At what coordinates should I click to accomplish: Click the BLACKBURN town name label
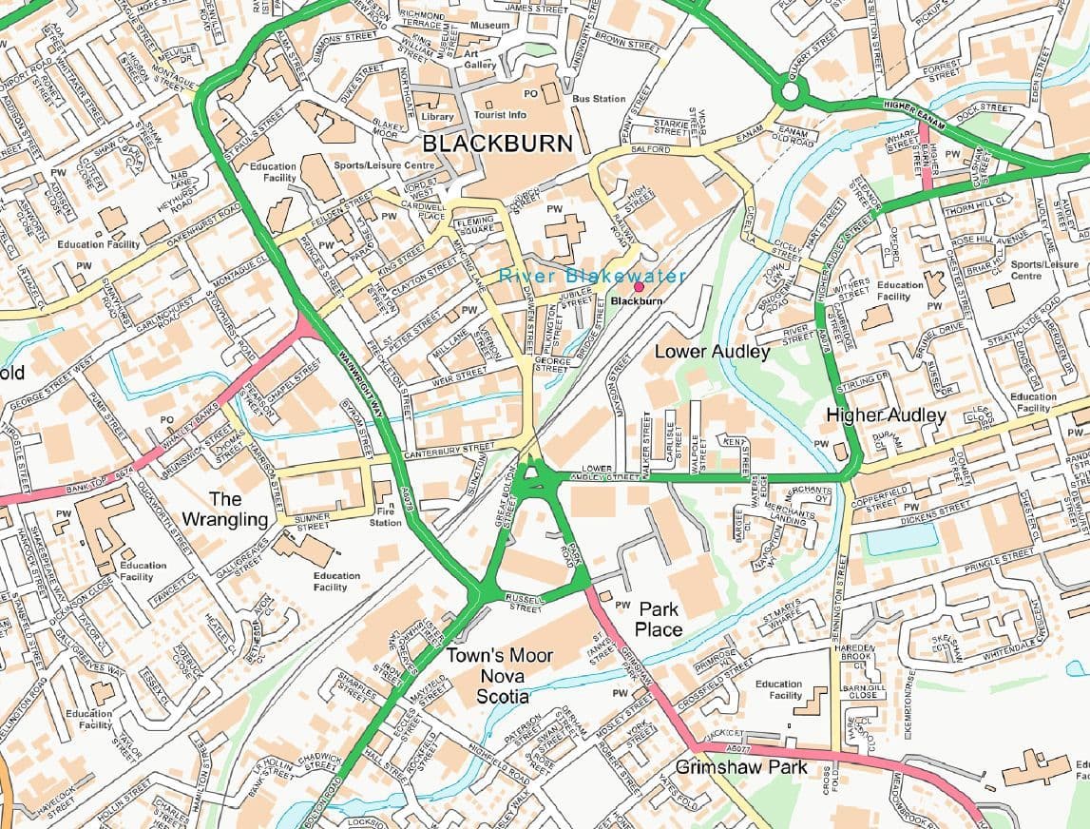tap(498, 144)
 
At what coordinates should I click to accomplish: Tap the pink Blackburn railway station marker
tap(639, 286)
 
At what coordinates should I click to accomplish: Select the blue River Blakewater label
tap(593, 276)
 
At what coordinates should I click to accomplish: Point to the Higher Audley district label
tap(886, 414)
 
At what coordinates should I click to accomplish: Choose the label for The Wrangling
tap(225, 509)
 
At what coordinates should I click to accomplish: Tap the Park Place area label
tap(659, 619)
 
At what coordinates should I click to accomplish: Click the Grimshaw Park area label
tap(741, 766)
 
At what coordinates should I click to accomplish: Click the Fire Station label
tap(385, 516)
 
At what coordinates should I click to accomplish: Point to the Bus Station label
tap(599, 99)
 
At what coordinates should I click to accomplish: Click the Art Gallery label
tap(480, 59)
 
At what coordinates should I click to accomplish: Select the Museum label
tap(489, 25)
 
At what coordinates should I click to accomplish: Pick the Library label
tap(437, 117)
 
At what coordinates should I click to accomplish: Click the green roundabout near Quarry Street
tap(788, 93)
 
